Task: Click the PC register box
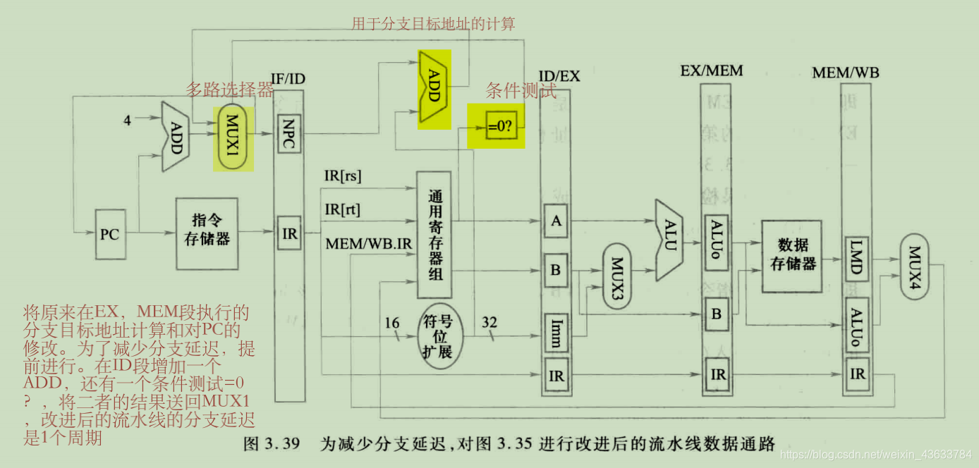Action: [109, 233]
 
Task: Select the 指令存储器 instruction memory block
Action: [207, 233]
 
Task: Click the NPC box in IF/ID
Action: [289, 133]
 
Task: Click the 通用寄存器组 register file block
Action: [434, 234]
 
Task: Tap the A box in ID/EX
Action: [557, 221]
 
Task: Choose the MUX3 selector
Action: [616, 276]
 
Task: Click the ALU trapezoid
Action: [669, 240]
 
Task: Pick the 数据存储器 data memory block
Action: [793, 255]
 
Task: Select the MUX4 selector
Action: [915, 267]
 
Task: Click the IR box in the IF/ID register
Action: [289, 233]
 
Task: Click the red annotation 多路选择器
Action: [229, 90]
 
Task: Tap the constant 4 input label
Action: [127, 121]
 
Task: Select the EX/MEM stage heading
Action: [711, 71]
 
